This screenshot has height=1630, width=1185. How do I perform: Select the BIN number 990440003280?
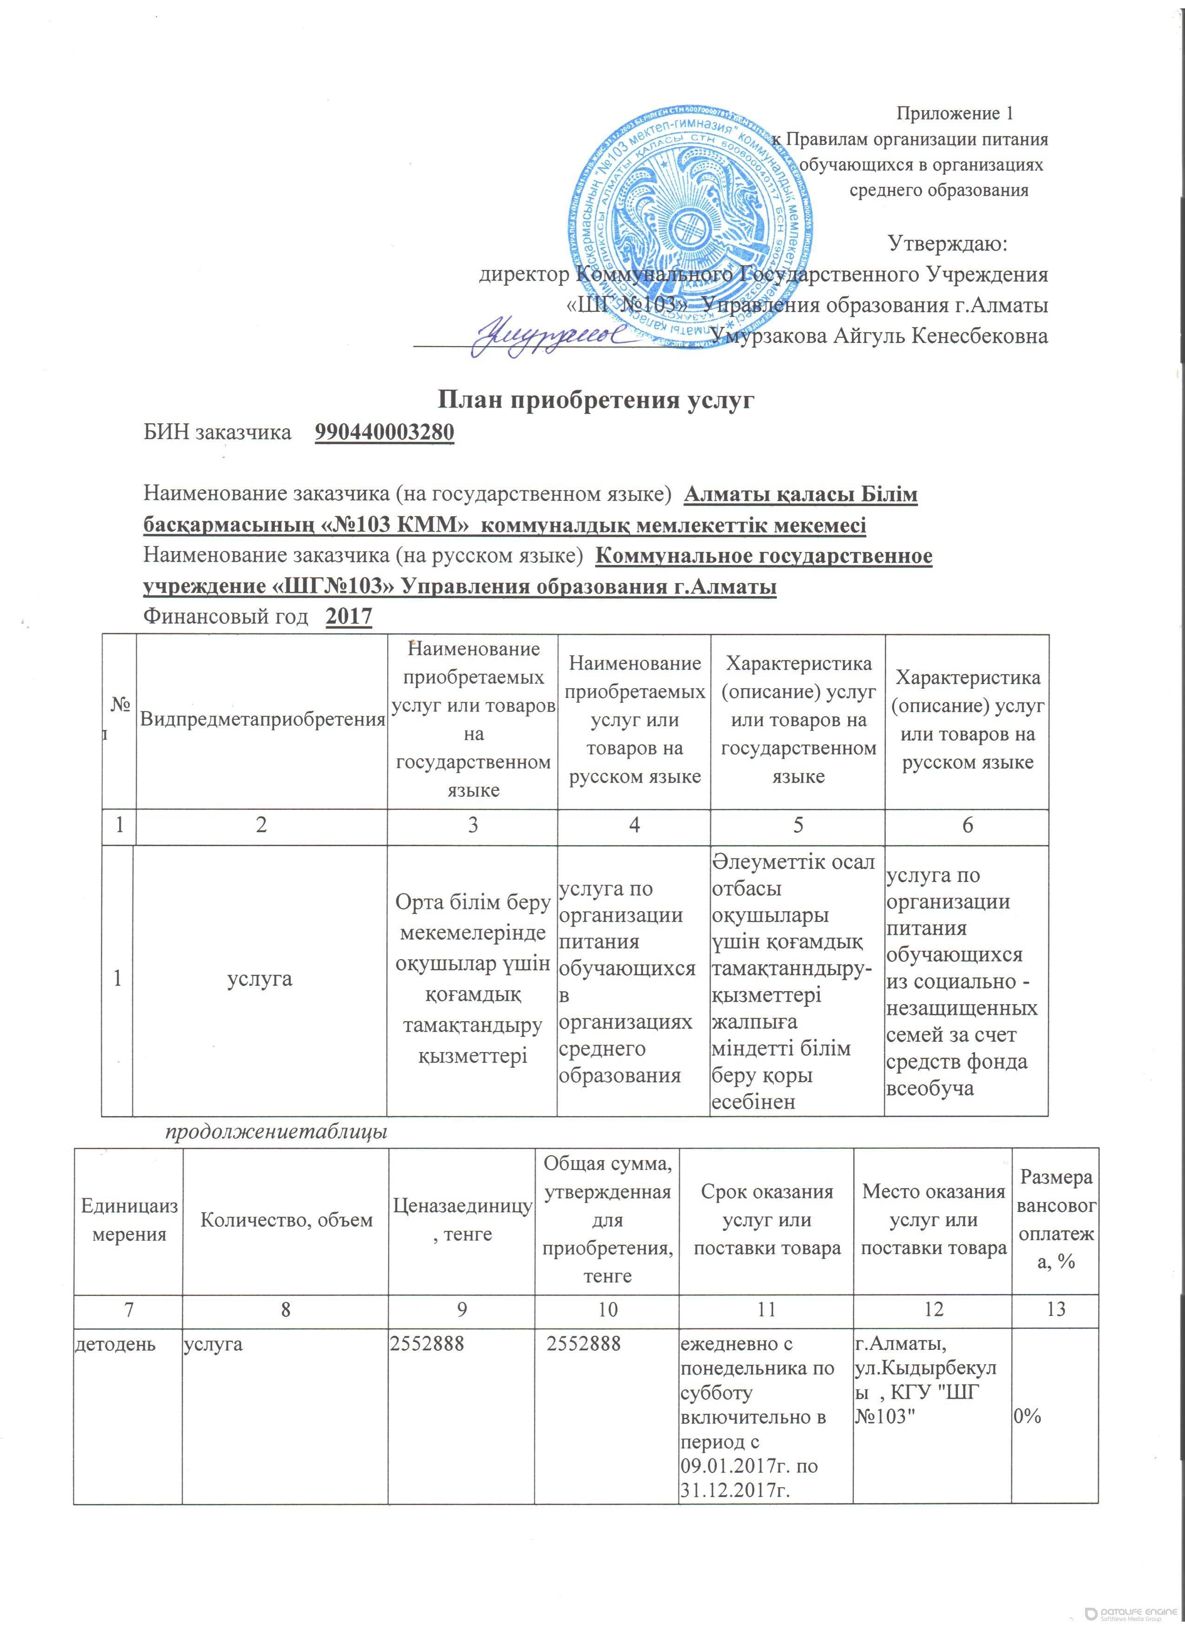point(384,433)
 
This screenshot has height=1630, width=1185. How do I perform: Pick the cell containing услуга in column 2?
point(260,979)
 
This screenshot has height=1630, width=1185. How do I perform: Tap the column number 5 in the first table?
point(797,825)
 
